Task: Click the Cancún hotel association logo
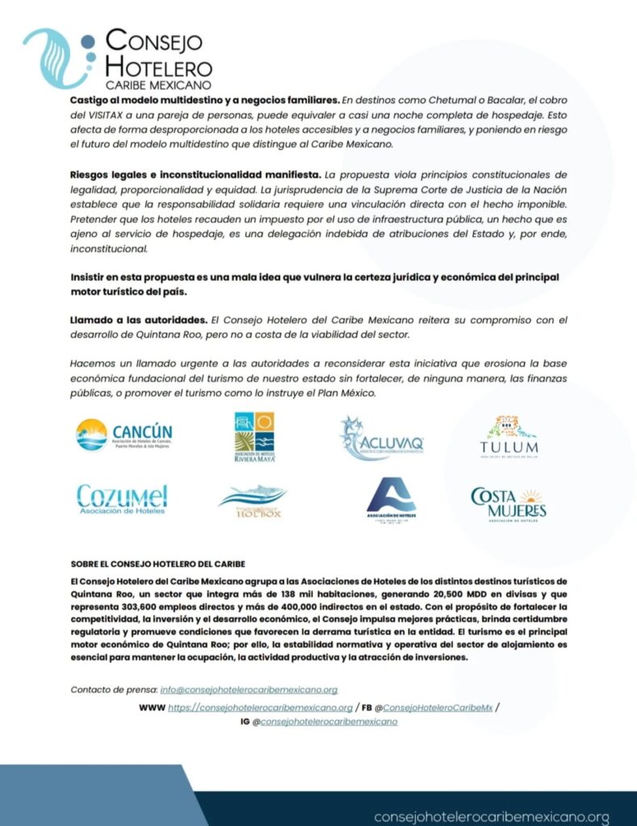(x=124, y=436)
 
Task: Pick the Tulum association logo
(x=509, y=438)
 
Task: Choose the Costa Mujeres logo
(x=509, y=502)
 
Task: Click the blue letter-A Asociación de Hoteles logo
(x=391, y=499)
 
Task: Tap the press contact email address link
(x=249, y=690)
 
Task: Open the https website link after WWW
(x=260, y=707)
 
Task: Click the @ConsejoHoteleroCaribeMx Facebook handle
(x=437, y=707)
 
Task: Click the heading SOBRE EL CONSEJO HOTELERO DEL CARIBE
(x=158, y=564)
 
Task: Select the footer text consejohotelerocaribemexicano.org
(x=491, y=817)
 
